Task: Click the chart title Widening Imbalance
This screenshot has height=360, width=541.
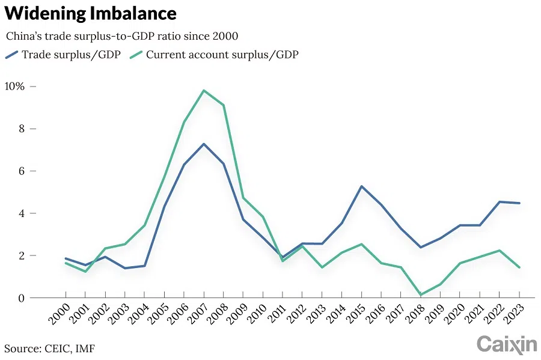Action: [x=91, y=13]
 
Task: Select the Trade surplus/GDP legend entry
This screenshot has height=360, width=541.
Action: [x=63, y=55]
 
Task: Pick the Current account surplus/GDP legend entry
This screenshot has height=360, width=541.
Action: [x=214, y=55]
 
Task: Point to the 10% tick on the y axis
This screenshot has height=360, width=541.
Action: [x=14, y=87]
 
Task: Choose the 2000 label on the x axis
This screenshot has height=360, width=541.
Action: [x=58, y=315]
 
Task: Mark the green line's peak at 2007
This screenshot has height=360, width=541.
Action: [x=204, y=91]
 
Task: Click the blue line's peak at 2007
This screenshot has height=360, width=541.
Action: [x=204, y=144]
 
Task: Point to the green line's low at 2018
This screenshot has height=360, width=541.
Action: [x=421, y=294]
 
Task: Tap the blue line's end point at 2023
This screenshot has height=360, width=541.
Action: [x=519, y=203]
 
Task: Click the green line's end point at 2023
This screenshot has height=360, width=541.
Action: [x=519, y=267]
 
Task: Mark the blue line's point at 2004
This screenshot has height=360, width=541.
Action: [x=145, y=266]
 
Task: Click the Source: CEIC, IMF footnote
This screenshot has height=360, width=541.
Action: [x=49, y=348]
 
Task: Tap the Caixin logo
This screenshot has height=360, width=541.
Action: [x=506, y=344]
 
